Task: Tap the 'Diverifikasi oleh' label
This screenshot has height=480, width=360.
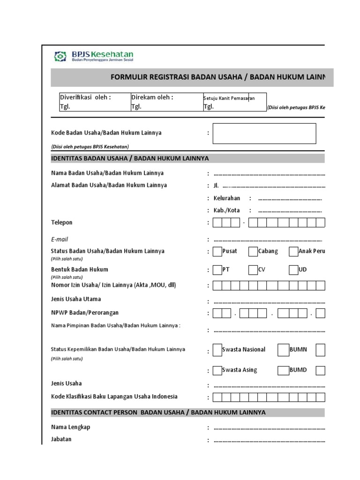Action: click(85, 97)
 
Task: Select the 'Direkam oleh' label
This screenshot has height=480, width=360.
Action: click(152, 97)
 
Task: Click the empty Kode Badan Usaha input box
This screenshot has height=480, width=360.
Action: click(264, 133)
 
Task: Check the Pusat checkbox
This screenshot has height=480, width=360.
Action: click(217, 252)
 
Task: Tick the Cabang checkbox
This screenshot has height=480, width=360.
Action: click(253, 252)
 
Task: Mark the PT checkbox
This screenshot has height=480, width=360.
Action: click(217, 270)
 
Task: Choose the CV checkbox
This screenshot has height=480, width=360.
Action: click(253, 270)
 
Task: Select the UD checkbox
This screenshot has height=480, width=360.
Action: click(293, 270)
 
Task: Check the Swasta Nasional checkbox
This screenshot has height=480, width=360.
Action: click(217, 350)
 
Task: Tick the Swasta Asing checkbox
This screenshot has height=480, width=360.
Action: click(217, 370)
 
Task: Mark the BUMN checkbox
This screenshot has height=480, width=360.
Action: click(283, 350)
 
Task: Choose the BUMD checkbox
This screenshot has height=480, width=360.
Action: click(283, 370)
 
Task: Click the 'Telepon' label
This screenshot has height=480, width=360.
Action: click(62, 222)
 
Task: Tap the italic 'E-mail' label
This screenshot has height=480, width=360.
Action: click(60, 239)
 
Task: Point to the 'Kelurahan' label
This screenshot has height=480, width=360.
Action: click(227, 198)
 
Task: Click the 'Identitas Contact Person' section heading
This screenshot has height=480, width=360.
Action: click(158, 412)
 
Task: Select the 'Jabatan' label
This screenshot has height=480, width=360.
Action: click(61, 440)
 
